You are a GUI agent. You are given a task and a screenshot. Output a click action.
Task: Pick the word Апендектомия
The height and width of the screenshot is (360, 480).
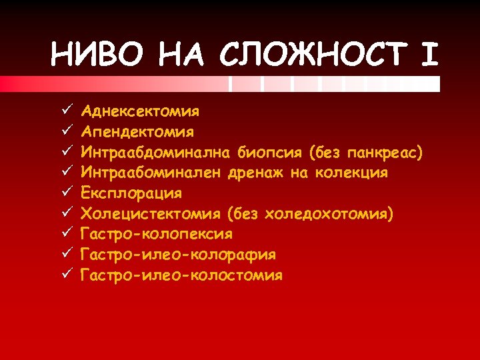137,131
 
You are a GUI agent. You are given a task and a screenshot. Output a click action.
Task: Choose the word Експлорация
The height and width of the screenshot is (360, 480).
131,193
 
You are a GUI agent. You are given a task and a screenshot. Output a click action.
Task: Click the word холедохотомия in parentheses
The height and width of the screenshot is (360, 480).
327,214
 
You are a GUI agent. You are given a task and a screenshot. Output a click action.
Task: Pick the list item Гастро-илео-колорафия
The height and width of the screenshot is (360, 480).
178,255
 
